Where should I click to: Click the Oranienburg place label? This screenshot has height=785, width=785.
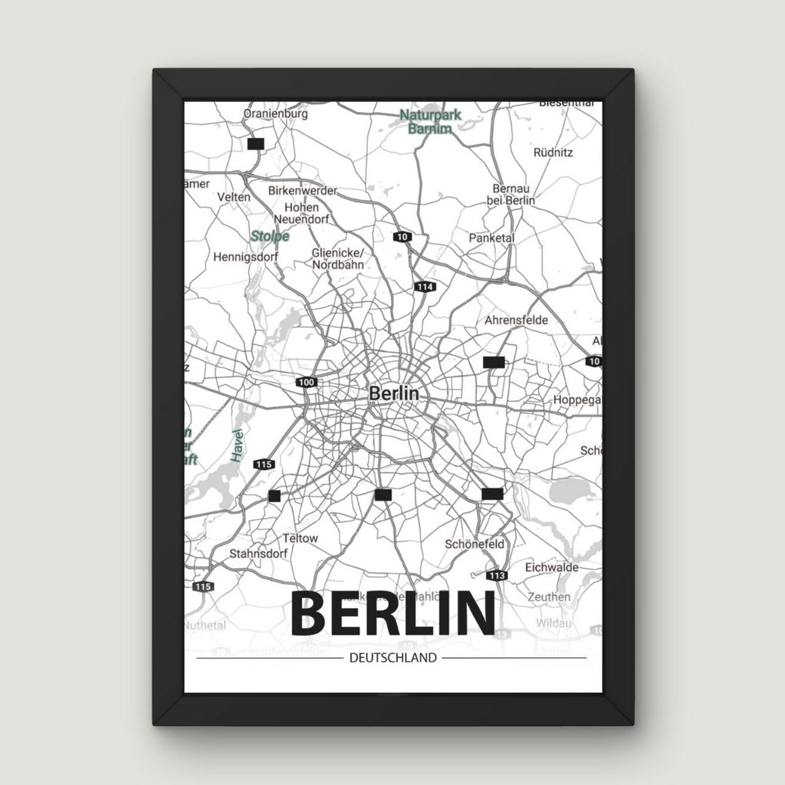[275, 113]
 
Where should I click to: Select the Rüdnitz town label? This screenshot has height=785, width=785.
[553, 152]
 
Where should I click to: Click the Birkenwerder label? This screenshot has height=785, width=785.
[303, 191]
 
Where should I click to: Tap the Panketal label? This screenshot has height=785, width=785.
[491, 238]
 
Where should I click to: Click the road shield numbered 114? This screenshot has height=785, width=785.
[425, 287]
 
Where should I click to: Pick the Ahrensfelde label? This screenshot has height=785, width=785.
[516, 320]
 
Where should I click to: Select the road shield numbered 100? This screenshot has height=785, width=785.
[307, 382]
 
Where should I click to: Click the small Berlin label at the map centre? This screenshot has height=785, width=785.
[394, 392]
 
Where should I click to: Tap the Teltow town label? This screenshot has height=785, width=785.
[300, 538]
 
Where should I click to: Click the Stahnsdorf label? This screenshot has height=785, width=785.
[258, 553]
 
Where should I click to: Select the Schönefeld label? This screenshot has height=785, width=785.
[475, 544]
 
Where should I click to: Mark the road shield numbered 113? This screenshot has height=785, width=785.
[497, 576]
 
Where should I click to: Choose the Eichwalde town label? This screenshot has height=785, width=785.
[551, 568]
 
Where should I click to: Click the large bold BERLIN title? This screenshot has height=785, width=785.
[392, 613]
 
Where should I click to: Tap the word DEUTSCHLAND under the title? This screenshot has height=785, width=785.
[392, 657]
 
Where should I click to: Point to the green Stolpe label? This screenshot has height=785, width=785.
[270, 236]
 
